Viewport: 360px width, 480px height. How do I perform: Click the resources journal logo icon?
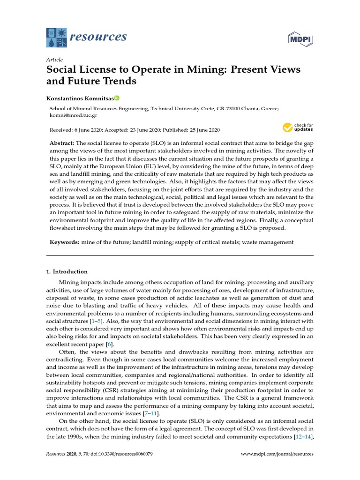pyautogui.click(x=56, y=37)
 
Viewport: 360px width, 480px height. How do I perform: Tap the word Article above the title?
pyautogui.click(x=54, y=60)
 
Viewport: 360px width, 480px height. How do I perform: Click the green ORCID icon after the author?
pyautogui.click(x=117, y=98)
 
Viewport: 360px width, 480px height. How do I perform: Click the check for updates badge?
pyautogui.click(x=298, y=127)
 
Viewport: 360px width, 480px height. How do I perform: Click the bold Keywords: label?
pyautogui.click(x=65, y=242)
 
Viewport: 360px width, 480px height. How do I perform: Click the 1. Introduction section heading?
pyautogui.click(x=67, y=271)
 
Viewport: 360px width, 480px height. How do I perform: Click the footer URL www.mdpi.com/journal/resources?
pyautogui.click(x=277, y=454)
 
